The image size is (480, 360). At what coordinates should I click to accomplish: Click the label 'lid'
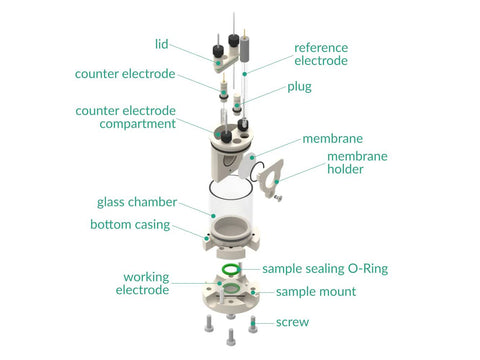162,44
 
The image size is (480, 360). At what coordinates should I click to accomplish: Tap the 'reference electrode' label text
321,54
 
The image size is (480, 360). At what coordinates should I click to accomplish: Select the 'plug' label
299,87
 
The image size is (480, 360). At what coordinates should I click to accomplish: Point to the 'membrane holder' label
357,162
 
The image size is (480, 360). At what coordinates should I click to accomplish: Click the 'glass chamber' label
137,202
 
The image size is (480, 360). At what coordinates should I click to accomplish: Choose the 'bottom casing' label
130,224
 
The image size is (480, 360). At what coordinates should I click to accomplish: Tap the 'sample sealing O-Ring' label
325,269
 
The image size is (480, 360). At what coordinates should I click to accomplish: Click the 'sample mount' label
316,292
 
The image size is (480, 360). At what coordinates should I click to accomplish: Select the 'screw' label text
292,322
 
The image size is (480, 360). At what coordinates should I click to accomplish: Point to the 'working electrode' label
143,283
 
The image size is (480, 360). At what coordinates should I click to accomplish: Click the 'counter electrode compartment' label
126,117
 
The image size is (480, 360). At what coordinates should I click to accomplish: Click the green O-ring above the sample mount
231,268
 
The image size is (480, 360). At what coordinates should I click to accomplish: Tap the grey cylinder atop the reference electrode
245,49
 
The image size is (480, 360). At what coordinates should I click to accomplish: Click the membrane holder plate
271,178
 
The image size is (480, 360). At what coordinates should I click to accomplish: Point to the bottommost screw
231,337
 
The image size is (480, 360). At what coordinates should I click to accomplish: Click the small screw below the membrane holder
278,198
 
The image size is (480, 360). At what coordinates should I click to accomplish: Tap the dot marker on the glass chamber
213,216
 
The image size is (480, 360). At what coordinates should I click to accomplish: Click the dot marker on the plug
237,106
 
